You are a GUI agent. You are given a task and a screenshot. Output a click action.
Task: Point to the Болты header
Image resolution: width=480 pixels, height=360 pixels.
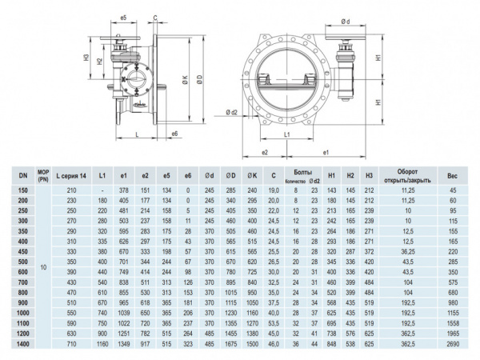pos(302,171)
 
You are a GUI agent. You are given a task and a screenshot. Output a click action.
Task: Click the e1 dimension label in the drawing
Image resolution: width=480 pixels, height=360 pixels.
pos(325,151)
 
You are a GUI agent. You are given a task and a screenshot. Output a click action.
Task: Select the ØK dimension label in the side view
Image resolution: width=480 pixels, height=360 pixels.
pos(186,79)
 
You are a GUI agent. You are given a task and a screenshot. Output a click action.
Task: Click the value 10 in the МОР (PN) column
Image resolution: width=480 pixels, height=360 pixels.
pos(44,266)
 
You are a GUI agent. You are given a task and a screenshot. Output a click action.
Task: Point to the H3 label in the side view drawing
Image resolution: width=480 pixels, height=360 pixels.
pos(85,58)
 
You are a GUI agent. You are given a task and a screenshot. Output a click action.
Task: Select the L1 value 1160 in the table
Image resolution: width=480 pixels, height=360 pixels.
pos(102,342)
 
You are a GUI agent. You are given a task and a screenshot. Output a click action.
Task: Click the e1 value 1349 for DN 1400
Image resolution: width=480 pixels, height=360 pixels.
pos(124,342)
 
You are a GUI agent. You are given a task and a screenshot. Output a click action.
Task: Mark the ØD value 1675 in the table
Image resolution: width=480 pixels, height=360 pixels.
pos(230,342)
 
